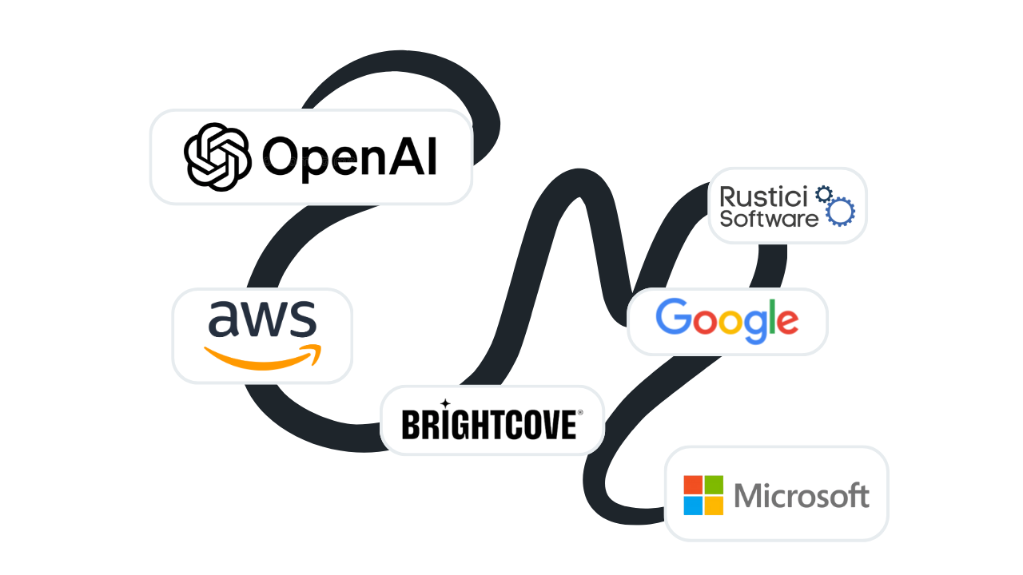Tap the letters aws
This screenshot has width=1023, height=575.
(x=262, y=319)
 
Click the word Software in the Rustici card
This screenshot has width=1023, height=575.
(x=768, y=218)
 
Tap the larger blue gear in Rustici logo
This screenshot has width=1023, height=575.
(x=840, y=212)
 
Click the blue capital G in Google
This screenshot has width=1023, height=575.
(x=673, y=318)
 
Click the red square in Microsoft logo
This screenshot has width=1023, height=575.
(x=693, y=485)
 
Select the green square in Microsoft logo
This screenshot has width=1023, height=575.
(x=714, y=485)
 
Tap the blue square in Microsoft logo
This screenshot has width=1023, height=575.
(x=693, y=506)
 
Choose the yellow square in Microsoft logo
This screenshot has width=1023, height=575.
(x=714, y=506)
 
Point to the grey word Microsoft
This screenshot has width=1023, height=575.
(x=801, y=496)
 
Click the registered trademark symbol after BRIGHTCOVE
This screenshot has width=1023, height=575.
(x=580, y=413)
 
